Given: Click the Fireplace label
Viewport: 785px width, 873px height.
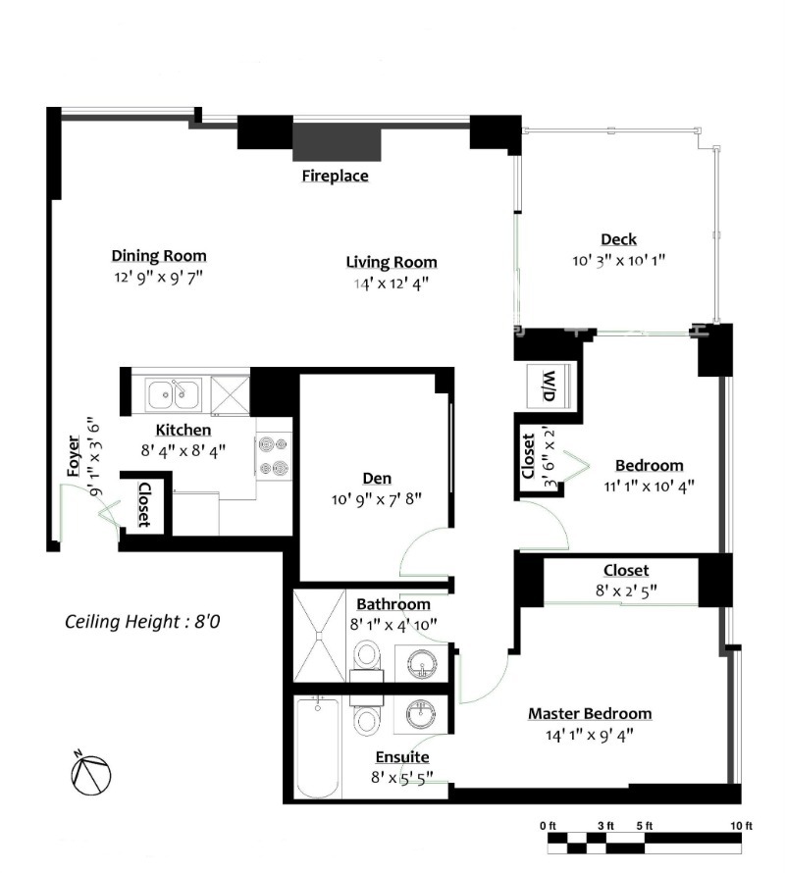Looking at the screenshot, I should point(335,177).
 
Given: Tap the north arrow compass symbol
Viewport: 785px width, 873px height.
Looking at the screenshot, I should point(89,774).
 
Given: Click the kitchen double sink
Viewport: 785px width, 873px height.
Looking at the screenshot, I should point(174,394).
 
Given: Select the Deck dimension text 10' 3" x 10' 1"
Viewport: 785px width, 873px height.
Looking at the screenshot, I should point(618,261).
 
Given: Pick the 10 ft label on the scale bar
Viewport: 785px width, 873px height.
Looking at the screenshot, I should point(741,826).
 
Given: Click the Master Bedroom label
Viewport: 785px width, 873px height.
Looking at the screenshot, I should point(589,713).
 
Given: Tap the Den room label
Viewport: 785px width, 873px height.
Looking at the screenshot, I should point(377,479).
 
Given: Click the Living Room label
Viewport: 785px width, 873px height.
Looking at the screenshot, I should point(391,262).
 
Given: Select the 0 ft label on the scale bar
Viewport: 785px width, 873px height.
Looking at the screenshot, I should point(548,826).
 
